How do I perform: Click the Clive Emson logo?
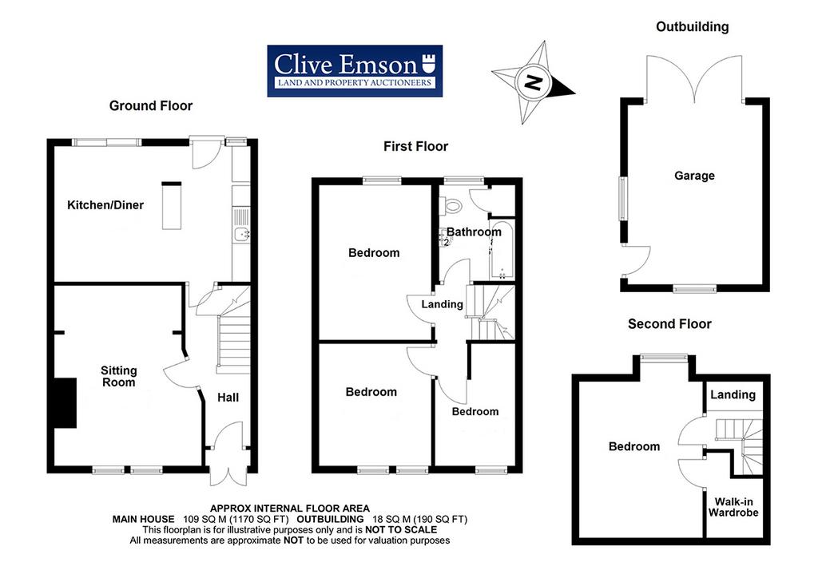(x=355, y=71)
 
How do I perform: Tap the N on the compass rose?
(x=533, y=82)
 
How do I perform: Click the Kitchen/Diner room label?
(x=105, y=205)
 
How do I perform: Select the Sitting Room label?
(x=119, y=376)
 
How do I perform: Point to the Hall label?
(x=228, y=398)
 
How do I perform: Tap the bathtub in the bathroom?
(x=502, y=250)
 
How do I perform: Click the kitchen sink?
(x=241, y=235)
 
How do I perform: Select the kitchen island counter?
(x=171, y=206)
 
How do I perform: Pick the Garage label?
(x=694, y=176)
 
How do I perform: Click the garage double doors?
(x=695, y=79)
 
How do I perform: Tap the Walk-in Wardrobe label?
(x=733, y=507)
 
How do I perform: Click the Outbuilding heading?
(x=693, y=26)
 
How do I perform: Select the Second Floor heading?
(x=669, y=324)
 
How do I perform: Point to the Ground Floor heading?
(x=151, y=106)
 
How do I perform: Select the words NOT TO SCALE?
(x=401, y=529)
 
